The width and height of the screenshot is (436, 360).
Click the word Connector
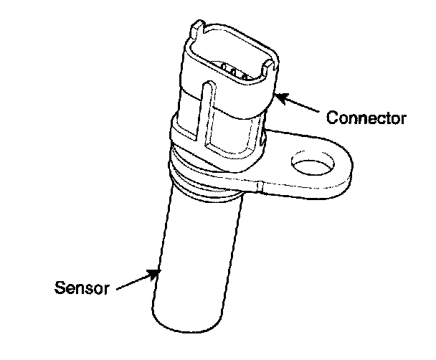pos(366,117)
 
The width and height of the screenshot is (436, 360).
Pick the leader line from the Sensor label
pos(133,280)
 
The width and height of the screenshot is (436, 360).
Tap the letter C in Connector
pos(332,117)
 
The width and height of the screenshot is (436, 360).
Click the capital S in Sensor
pos(60,288)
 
